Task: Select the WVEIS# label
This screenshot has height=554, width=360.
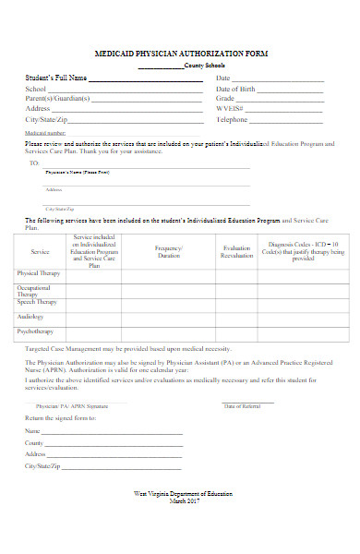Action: (229, 108)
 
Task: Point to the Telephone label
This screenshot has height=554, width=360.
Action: (233, 119)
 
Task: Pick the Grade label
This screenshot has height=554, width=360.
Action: (226, 98)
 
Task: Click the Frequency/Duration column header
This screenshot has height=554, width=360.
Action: (169, 251)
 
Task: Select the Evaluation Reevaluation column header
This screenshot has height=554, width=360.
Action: (237, 251)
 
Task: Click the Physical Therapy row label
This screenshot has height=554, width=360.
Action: (38, 273)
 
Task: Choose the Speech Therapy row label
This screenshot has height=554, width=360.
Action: (37, 302)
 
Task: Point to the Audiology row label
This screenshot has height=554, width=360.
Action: (30, 316)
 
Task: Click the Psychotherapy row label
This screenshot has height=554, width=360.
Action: (36, 331)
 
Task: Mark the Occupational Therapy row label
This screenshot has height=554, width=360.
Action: (35, 290)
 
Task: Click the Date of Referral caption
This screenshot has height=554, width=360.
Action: (244, 406)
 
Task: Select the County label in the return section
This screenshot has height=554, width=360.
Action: (35, 442)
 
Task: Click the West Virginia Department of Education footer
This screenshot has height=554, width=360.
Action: (184, 494)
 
